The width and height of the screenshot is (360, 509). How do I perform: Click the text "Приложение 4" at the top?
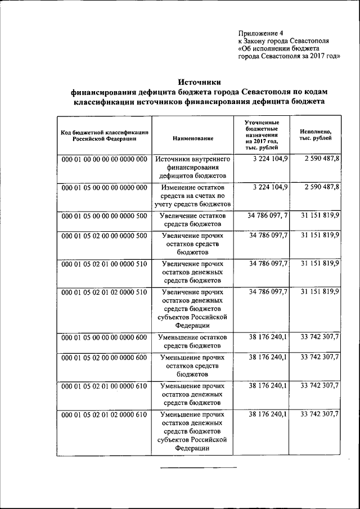click(x=262, y=32)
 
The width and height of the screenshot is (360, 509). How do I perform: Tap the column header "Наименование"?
click(x=193, y=138)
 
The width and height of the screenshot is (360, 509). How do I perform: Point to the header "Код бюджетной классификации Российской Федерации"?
click(x=105, y=135)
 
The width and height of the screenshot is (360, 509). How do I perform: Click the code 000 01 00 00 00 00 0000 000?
click(x=104, y=160)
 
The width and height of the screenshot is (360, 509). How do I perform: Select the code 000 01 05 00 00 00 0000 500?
click(x=104, y=216)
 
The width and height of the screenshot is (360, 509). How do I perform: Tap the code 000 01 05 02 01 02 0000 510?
click(x=104, y=292)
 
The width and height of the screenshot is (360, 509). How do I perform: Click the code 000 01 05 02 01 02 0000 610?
click(x=104, y=415)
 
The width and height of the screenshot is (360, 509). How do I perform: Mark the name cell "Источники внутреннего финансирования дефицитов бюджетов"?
click(x=193, y=168)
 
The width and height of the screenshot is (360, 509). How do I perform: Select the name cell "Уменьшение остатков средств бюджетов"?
click(x=193, y=341)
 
